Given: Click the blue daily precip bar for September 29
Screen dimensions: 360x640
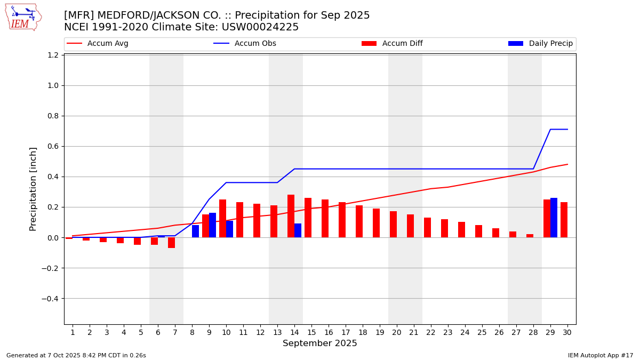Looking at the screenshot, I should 554,218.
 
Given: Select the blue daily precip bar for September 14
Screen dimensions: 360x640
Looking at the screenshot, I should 298,230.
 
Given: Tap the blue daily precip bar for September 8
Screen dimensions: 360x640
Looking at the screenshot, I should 195,231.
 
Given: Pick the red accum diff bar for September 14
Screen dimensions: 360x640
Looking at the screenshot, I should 291,216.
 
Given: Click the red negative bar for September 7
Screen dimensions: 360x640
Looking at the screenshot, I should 171,243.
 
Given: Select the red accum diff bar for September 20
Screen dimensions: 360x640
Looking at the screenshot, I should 393,225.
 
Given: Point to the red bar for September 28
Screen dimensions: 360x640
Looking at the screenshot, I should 530,236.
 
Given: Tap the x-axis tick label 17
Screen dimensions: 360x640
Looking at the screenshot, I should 346,332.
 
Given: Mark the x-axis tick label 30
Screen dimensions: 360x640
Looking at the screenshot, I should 567,332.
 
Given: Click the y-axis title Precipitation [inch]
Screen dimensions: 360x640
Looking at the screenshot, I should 33,189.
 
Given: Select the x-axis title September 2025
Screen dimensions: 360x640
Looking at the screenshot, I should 320,343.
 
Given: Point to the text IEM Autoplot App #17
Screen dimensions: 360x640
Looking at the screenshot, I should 600,355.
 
